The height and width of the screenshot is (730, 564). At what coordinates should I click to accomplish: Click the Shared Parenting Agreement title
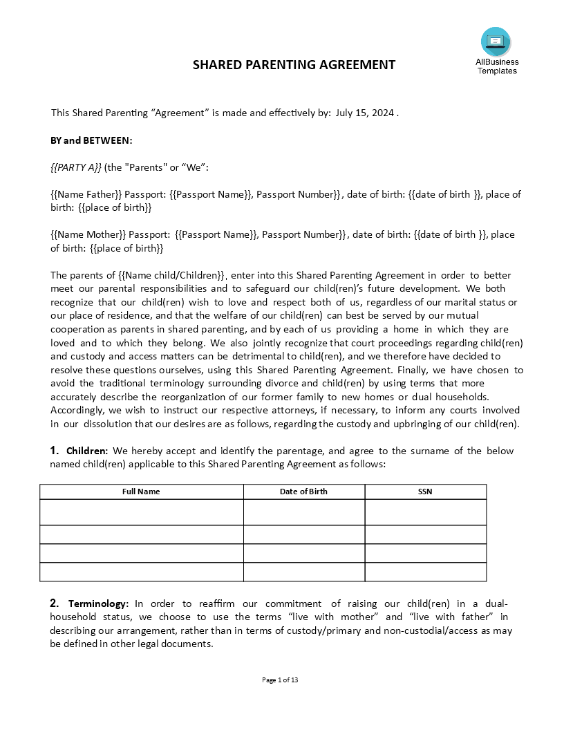click(x=294, y=65)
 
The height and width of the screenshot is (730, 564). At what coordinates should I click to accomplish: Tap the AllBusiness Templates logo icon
click(x=496, y=41)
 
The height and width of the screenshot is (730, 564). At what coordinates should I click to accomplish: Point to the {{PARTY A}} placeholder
click(x=76, y=167)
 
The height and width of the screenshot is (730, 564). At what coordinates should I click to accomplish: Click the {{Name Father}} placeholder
click(x=86, y=194)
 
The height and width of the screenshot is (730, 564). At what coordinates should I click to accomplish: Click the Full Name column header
click(x=141, y=492)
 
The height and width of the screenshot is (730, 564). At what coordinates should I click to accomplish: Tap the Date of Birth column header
click(x=303, y=492)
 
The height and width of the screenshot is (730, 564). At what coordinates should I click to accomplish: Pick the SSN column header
click(x=425, y=492)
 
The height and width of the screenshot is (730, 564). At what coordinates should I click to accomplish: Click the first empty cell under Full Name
click(x=141, y=512)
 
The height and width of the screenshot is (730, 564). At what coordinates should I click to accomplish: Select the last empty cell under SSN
click(x=425, y=572)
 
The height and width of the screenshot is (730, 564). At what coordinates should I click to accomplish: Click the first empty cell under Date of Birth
click(x=303, y=512)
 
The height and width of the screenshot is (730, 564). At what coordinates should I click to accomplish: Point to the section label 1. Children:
click(x=79, y=451)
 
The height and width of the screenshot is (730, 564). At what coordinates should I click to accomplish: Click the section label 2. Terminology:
click(x=89, y=603)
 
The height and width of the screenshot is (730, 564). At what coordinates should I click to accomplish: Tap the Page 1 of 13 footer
click(x=281, y=680)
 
